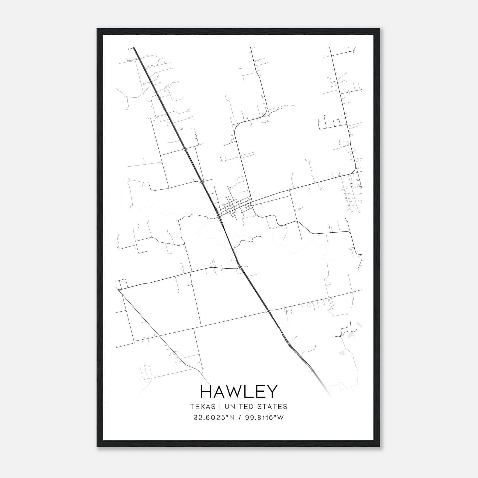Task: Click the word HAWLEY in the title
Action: (x=239, y=392)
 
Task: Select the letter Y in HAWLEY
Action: (x=272, y=392)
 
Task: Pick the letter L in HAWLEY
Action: (x=249, y=392)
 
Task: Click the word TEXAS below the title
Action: (x=203, y=407)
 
